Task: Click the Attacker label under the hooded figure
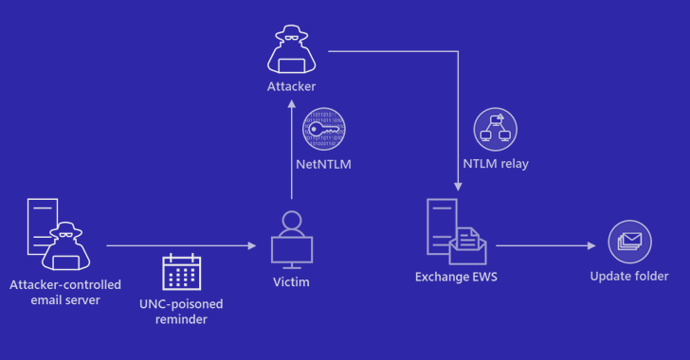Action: pyautogui.click(x=290, y=87)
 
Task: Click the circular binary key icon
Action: pyautogui.click(x=324, y=130)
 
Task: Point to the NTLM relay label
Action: pyautogui.click(x=496, y=163)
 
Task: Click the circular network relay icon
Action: pyautogui.click(x=496, y=130)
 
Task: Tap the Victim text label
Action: pyautogui.click(x=290, y=281)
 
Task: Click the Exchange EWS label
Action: pyautogui.click(x=456, y=277)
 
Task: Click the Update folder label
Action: pyautogui.click(x=628, y=277)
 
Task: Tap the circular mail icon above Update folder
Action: pyautogui.click(x=628, y=243)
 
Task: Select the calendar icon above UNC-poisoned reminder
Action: pyautogui.click(x=181, y=274)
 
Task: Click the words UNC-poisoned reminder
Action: pyautogui.click(x=181, y=311)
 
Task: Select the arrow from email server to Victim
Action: pyautogui.click(x=180, y=245)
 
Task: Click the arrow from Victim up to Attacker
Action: pyautogui.click(x=290, y=152)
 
